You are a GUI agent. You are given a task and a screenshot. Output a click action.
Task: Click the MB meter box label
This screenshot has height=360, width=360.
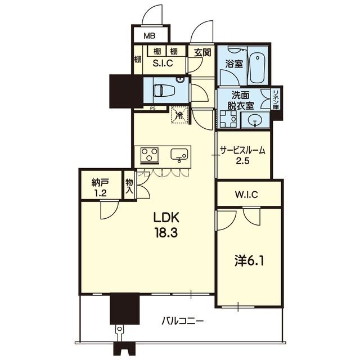(x=150, y=36)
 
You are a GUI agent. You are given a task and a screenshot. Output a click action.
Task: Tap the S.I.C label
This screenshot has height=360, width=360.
(x=163, y=63)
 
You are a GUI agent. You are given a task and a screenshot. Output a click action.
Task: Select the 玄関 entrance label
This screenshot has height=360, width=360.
(x=202, y=53)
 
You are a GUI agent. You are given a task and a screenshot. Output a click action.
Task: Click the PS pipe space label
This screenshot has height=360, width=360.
(x=152, y=109)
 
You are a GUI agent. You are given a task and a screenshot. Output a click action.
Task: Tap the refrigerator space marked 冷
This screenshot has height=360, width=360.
(x=179, y=115)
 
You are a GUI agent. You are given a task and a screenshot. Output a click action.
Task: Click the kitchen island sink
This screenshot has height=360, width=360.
(x=179, y=155)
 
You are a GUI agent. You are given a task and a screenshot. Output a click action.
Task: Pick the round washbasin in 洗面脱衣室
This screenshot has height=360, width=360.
(x=255, y=120)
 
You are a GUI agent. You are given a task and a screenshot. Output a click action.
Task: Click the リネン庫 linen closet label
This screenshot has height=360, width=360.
(x=276, y=100)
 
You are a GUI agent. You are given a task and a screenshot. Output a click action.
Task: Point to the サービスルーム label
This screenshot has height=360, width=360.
(x=243, y=150)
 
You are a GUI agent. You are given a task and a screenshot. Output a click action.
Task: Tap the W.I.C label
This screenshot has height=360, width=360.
(x=246, y=195)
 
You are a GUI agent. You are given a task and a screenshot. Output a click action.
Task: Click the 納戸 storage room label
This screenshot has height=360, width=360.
(x=100, y=183)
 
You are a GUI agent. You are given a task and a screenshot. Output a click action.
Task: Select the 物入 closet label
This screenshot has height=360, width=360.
(x=129, y=186)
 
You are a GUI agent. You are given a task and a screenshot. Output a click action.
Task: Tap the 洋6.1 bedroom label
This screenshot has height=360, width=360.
(x=249, y=261)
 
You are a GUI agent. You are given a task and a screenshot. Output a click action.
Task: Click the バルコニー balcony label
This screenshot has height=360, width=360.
(x=182, y=321)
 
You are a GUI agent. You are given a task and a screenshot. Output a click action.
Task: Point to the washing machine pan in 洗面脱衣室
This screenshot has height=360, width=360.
(x=228, y=119)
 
